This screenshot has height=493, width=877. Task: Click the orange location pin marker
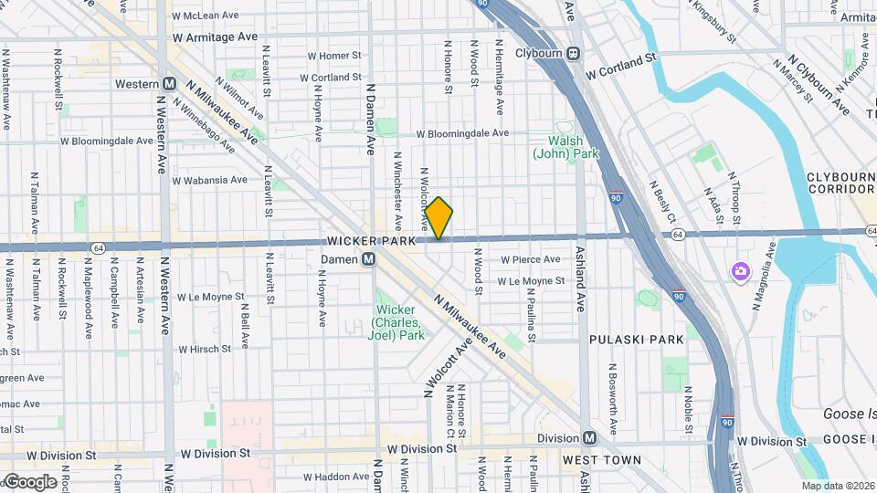[439, 218]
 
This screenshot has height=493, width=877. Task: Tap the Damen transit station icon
[367, 259]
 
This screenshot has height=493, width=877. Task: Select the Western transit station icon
[169, 83]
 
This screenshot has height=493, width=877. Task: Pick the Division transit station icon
[591, 437]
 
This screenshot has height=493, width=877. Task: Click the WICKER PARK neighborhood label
[371, 241]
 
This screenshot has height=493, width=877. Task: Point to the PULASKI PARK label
[636, 339]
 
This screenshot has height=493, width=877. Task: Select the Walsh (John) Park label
[566, 147]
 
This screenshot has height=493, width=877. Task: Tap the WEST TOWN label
[600, 459]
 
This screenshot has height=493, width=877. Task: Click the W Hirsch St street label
[206, 349]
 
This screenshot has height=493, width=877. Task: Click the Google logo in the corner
[29, 482]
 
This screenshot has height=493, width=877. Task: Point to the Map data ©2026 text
[837, 486]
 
